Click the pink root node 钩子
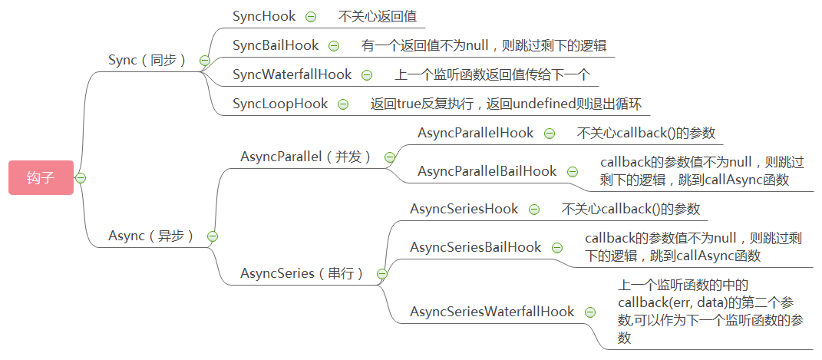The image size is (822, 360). coord(41,177)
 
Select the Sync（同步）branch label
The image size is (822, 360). coord(147,60)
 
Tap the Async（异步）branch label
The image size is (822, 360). coord(151,236)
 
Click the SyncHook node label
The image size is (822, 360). coord(264,16)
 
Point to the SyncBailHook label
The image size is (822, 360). coord(276,45)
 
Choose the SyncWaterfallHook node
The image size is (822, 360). coord(292,74)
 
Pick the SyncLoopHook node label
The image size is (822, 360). coord(280,104)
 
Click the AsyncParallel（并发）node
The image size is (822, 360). coord(305,157)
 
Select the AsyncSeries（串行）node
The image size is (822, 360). coord(302,273)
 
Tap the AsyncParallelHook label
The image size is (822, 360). coord(475,133)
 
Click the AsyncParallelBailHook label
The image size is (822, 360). coord(487,171)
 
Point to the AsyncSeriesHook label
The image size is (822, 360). coord(464,209)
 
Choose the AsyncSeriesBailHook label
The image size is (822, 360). coord(475,247)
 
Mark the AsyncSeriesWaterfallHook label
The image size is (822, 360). coord(492,312)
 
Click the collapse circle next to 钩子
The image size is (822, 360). coord(81,178)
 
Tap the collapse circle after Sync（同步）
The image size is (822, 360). coord(204,61)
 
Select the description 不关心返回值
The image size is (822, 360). coord(377,16)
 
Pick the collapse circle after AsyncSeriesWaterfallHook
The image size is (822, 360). coord(590,312)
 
